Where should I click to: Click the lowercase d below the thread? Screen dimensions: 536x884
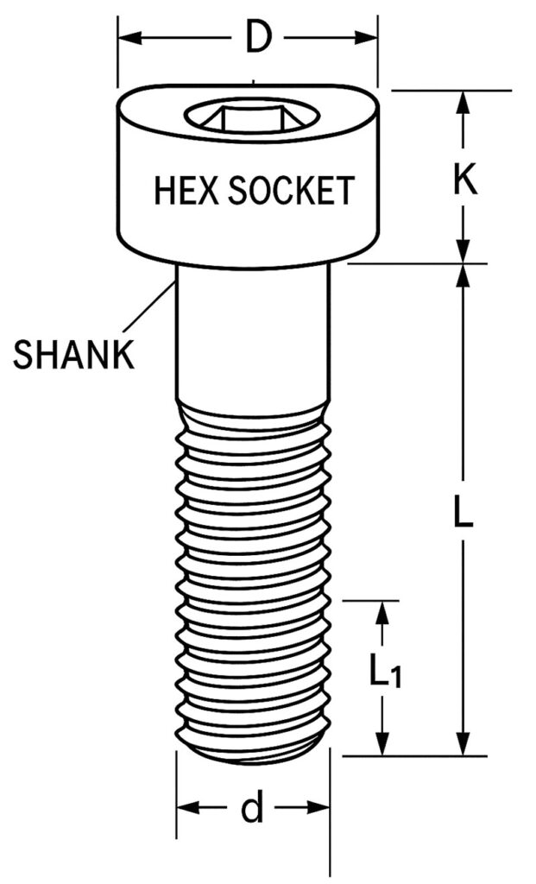252,807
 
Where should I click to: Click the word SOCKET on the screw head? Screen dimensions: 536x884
291,191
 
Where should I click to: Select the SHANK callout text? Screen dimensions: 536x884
74,355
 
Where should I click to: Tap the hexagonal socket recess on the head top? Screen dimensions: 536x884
252,116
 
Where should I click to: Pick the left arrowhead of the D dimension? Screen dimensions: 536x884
129,39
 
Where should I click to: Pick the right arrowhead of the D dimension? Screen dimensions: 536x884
366,39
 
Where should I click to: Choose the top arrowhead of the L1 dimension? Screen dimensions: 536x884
382,613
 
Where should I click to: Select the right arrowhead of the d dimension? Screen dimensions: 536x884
318,807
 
